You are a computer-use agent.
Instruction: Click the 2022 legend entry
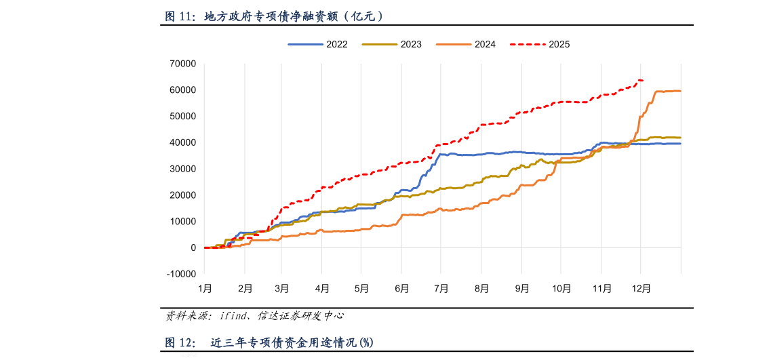click(x=319, y=44)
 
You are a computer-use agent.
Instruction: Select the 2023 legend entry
click(x=393, y=44)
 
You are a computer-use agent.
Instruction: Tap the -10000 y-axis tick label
click(x=180, y=274)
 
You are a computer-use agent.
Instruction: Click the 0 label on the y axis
click(x=193, y=248)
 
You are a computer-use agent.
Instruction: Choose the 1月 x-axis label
click(x=205, y=288)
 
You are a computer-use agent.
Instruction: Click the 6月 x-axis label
click(x=401, y=288)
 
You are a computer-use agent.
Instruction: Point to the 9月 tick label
click(x=522, y=288)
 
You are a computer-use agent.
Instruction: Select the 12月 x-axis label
click(x=641, y=288)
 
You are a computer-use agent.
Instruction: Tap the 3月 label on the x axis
click(x=282, y=288)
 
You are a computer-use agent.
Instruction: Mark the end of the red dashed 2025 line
click(x=643, y=81)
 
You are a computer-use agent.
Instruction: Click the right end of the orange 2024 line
click(x=680, y=91)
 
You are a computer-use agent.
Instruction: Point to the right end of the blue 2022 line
click(x=680, y=144)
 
